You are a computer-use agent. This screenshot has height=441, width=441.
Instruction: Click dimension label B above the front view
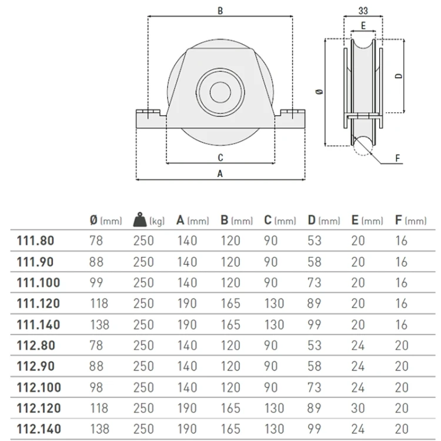tap(220, 11)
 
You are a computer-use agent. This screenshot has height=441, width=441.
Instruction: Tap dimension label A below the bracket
tap(220, 173)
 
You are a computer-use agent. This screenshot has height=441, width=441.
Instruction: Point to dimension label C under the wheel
tap(220, 158)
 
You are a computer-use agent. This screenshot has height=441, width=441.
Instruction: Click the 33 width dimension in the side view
tap(363, 11)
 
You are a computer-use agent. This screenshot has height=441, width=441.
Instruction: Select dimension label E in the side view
tap(363, 26)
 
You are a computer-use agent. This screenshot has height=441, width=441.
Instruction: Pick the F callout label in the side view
tap(397, 158)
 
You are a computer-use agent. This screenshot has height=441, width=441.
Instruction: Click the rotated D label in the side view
tap(399, 76)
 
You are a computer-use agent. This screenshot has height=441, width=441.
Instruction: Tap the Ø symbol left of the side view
tap(320, 91)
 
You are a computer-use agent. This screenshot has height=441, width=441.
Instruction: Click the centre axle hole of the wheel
tap(220, 92)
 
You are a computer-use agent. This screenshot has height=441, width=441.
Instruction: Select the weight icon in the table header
tap(140, 220)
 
